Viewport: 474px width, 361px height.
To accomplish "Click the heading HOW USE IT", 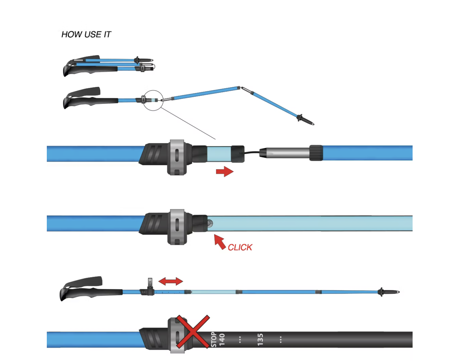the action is pos(86,35).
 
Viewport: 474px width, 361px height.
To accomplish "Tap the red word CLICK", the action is pos(240,248).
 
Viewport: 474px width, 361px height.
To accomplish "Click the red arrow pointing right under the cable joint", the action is pos(225,172).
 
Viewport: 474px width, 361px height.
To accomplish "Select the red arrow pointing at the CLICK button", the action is pos(220,242).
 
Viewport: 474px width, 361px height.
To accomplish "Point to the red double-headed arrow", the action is pos(171,281).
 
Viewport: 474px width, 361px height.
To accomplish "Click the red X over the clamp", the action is pos(193,331).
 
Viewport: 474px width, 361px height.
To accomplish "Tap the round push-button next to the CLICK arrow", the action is pos(210,223).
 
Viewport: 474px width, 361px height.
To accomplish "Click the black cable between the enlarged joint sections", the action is pos(252,152).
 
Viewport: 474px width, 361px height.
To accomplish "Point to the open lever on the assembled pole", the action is pos(150,283).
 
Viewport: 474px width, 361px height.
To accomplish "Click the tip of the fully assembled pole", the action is pos(399,292).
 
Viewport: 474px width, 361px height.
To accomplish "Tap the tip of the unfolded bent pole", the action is pos(313,124).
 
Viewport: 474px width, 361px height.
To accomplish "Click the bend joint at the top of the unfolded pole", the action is pos(240,88).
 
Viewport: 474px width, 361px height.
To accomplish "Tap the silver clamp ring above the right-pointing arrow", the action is pos(177,157).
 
